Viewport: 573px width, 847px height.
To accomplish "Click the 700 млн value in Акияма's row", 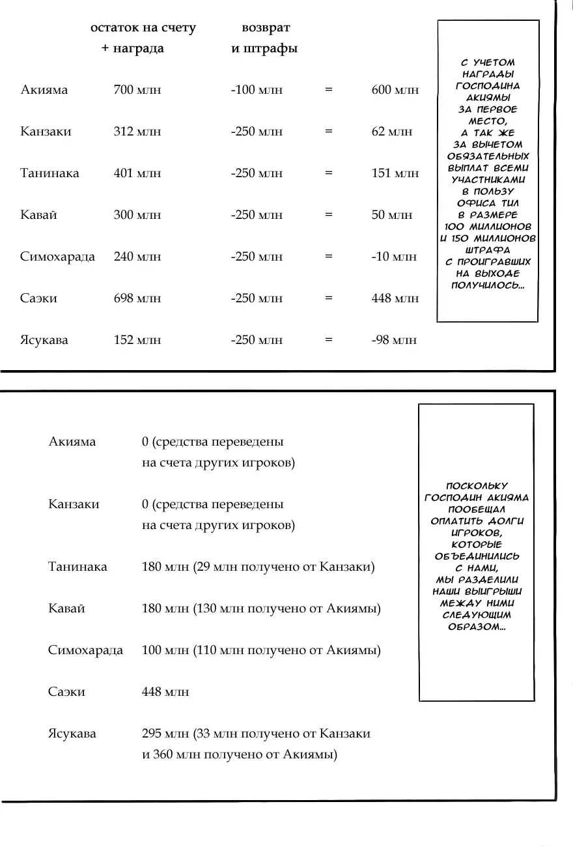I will [x=137, y=90].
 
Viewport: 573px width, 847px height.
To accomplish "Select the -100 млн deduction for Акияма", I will [x=257, y=90].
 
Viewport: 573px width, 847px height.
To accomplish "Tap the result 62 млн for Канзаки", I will [x=391, y=132].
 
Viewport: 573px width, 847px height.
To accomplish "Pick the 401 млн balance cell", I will [x=137, y=173].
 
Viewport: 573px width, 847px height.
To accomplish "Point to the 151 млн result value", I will [x=395, y=173].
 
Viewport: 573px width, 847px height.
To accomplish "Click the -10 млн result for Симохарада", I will [x=394, y=257].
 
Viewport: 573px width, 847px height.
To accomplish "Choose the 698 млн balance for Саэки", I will [x=137, y=298].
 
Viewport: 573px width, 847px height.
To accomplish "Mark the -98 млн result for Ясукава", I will [x=394, y=340].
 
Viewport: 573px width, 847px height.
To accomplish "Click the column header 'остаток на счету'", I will [x=143, y=28].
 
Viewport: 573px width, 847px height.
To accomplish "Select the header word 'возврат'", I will [x=266, y=28].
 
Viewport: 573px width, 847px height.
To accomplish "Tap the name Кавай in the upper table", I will [x=38, y=215].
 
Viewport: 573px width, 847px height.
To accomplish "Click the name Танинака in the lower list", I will [x=77, y=567].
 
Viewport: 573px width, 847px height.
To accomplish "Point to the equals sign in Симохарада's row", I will [x=329, y=257].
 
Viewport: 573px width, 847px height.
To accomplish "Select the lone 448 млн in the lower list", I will [x=165, y=692].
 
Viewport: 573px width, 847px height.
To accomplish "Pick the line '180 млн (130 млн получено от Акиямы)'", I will [x=261, y=609].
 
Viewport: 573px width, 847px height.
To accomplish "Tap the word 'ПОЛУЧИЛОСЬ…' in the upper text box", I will [x=488, y=286].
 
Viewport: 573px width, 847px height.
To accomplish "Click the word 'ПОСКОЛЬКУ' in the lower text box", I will [x=477, y=486].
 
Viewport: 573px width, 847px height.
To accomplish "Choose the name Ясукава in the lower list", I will [x=72, y=734].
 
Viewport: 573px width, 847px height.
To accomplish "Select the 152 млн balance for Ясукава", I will [x=137, y=340].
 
